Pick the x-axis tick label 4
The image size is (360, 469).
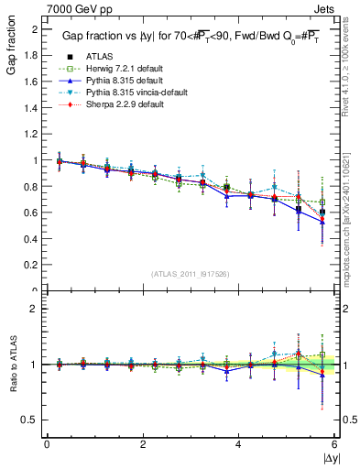pyautogui.click(x=238, y=443)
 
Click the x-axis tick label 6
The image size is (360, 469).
pyautogui.click(x=333, y=443)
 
